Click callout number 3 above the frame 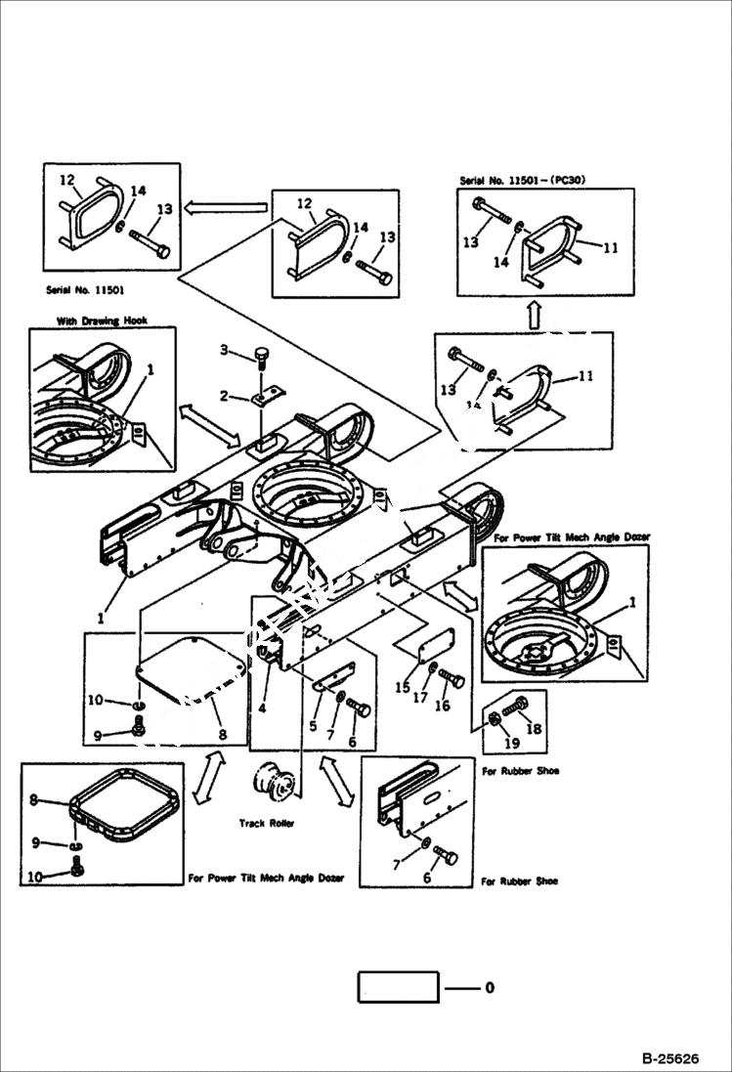coord(223,351)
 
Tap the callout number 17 coord(421,698)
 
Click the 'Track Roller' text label coord(266,824)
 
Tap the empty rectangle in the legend coord(398,987)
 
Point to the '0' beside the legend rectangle coord(489,988)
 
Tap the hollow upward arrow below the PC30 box coord(534,315)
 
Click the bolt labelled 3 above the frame coord(261,357)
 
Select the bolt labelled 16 coord(452,678)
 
